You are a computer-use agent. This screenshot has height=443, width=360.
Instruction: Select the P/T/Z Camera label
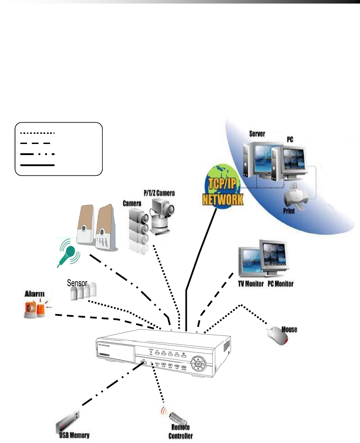point(159,194)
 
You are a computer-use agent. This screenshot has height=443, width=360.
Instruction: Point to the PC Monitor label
point(281,284)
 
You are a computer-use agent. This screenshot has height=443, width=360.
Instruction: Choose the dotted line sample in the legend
point(35,132)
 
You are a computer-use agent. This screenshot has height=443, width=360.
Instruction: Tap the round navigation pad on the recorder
point(198,364)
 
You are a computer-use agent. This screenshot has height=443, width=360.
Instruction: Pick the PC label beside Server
point(290,139)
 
